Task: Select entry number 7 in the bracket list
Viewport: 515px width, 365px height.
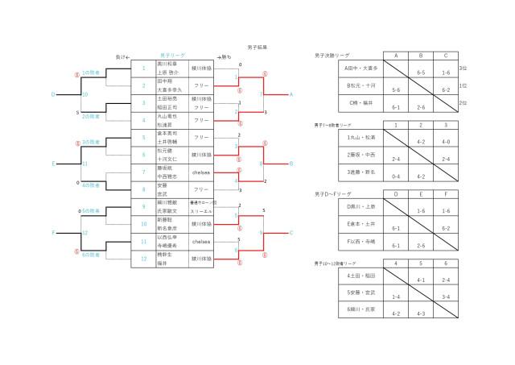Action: click(144, 172)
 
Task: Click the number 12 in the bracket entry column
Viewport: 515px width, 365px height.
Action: click(144, 259)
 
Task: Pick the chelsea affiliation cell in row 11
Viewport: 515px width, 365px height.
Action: click(201, 241)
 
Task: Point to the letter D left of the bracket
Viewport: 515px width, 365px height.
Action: click(54, 94)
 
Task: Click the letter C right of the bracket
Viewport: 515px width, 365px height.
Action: click(290, 233)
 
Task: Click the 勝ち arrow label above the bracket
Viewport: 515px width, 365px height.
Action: click(224, 56)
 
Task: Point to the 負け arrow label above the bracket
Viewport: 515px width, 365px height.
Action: click(122, 56)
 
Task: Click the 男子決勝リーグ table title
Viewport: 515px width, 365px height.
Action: click(332, 56)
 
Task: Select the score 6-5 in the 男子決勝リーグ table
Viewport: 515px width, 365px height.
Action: click(421, 73)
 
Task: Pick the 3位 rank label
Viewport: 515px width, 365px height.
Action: click(463, 68)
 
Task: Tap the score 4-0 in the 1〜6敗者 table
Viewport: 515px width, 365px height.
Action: click(447, 142)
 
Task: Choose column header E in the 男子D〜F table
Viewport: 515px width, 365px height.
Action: click(421, 194)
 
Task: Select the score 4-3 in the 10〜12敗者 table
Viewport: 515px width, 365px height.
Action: click(421, 313)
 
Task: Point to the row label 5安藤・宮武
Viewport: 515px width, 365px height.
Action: click(360, 292)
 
